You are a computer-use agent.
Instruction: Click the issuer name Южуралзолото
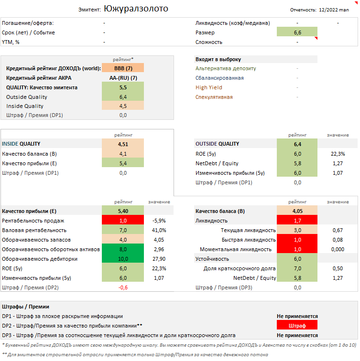[x=136, y=9]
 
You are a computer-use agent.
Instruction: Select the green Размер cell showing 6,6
[x=297, y=32]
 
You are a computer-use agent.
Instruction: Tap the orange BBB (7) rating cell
[x=123, y=68]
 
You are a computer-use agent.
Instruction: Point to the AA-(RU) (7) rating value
[x=123, y=78]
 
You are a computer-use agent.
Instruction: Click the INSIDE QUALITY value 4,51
[x=123, y=144]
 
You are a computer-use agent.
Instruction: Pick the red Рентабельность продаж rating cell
[x=123, y=221]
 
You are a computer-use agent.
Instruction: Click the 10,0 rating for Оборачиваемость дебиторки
[x=123, y=259]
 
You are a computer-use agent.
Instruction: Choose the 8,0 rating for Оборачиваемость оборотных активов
[x=123, y=249]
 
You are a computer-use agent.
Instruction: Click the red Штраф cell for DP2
[x=297, y=325]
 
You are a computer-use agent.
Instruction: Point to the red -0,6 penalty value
[x=123, y=287]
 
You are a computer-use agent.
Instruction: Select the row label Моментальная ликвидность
[x=235, y=249]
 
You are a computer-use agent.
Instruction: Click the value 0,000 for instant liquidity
[x=338, y=249]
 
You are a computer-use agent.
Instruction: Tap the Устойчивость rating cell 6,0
[x=297, y=259]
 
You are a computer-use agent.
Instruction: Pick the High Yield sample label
[x=209, y=87]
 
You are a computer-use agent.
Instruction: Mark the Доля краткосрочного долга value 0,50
[x=338, y=268]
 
